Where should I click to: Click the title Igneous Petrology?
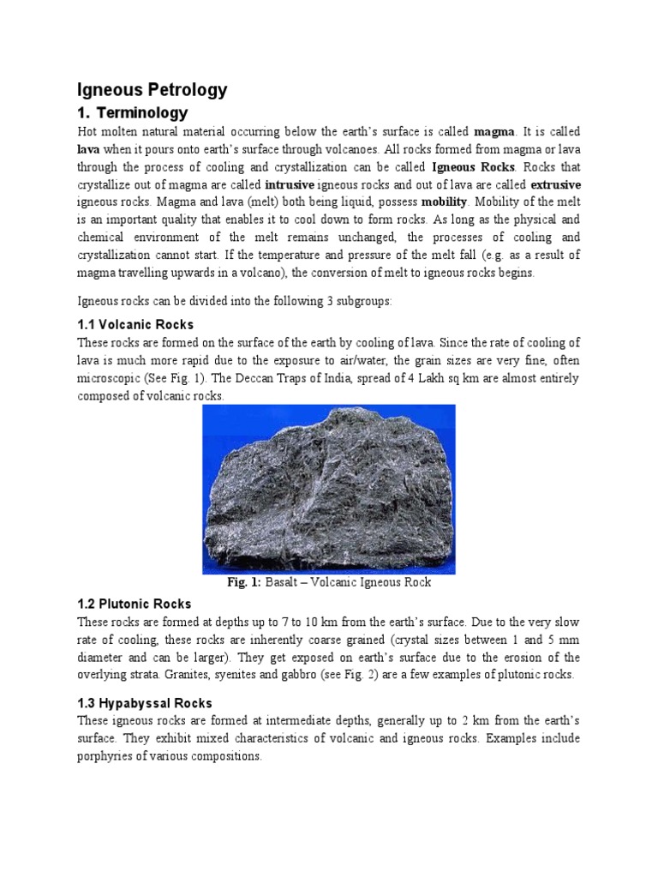click(x=153, y=88)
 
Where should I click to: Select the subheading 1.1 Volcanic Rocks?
click(x=135, y=325)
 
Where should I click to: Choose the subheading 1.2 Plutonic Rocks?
click(x=135, y=604)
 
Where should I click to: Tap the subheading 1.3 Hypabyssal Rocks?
click(x=145, y=703)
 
